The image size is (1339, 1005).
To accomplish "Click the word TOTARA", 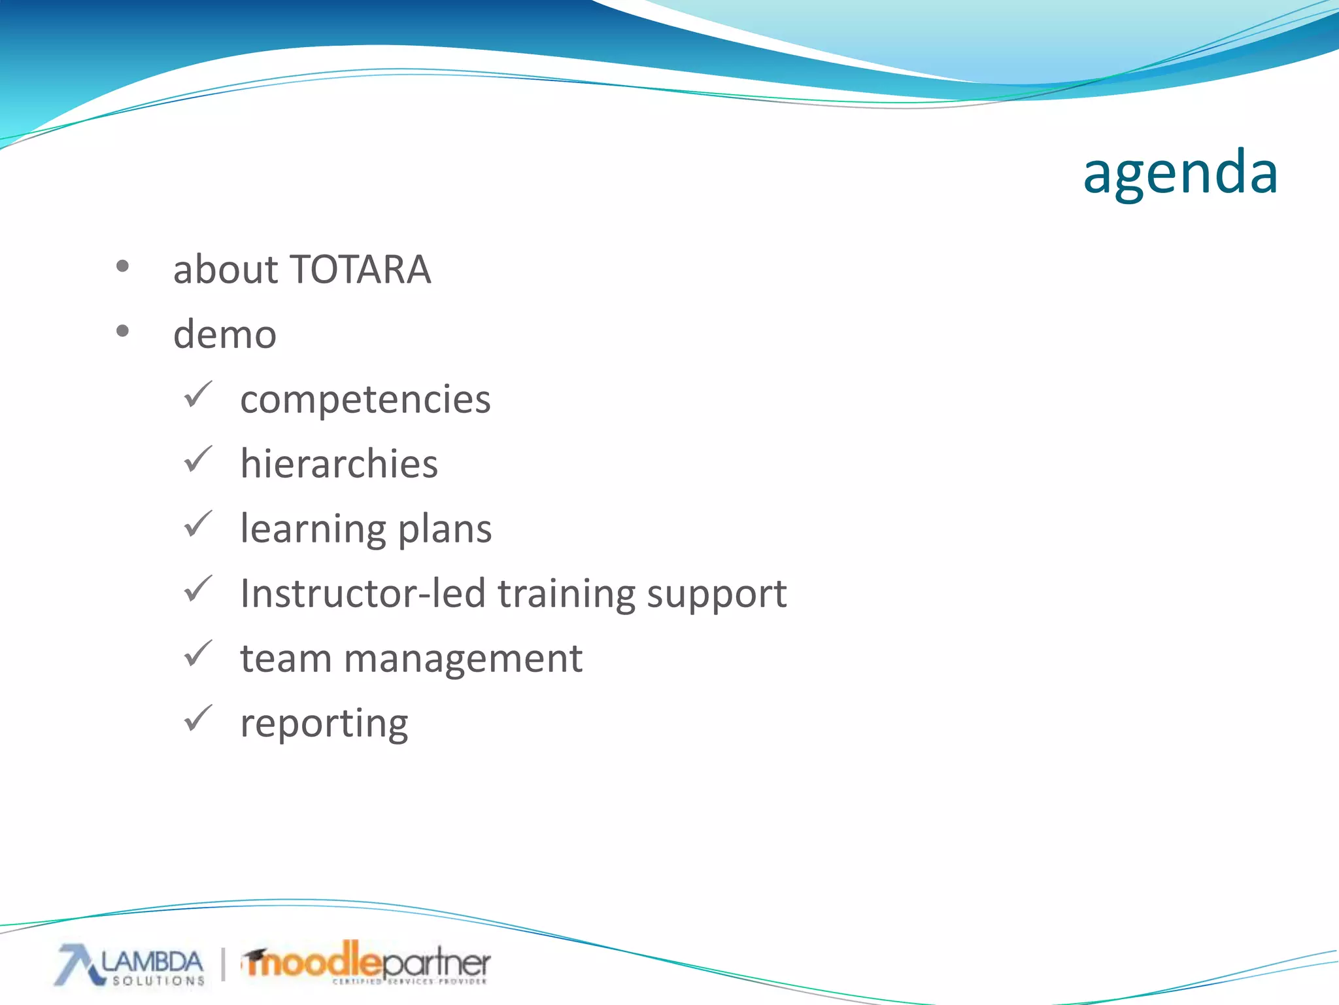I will [360, 270].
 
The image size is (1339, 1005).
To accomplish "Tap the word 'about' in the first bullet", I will [226, 270].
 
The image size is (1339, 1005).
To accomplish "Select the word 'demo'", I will [225, 334].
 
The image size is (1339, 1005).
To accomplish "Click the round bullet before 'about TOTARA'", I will [122, 266].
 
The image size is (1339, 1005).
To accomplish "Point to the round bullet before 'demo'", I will [122, 331].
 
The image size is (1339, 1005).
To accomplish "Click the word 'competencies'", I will [365, 400].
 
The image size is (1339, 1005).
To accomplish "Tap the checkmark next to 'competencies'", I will [197, 395].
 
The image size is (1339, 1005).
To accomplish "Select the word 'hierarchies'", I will [339, 464].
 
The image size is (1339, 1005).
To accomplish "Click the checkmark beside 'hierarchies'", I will [197, 460].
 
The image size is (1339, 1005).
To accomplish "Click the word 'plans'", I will [445, 529].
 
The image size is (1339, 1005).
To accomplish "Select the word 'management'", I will [463, 659].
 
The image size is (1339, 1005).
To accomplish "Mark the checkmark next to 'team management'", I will [197, 654].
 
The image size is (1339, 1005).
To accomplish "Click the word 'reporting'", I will [324, 724].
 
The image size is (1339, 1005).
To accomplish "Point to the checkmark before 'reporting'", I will [197, 718].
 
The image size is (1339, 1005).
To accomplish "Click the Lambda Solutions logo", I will [131, 965].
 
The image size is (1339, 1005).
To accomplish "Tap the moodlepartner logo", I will [366, 962].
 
